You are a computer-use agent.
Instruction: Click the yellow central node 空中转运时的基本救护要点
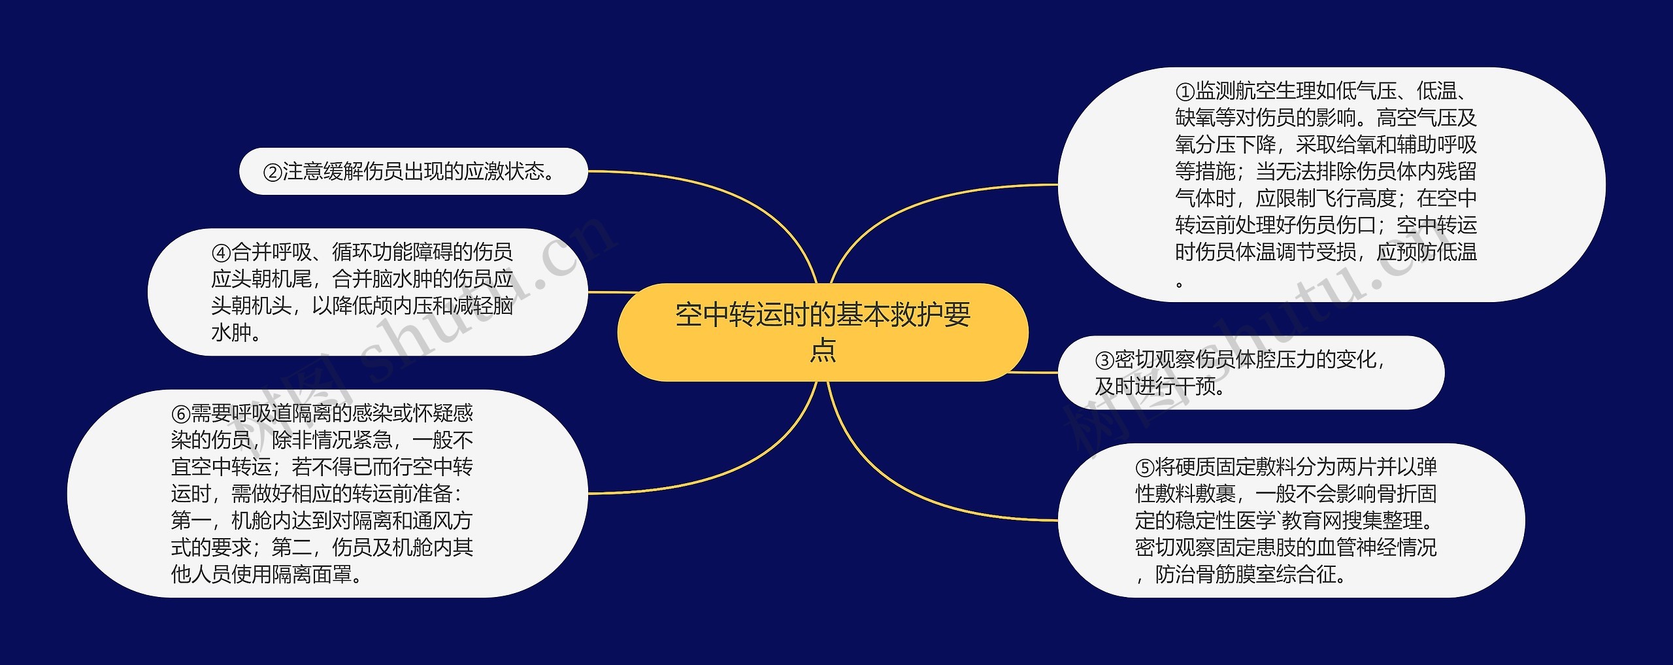[822, 332]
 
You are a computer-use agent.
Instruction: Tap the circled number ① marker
[1184, 91]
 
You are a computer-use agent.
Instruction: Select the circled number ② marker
[272, 172]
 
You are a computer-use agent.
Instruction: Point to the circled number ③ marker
[1104, 360]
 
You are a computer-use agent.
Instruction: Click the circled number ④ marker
[221, 252]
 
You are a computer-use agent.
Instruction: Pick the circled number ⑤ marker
[1145, 468]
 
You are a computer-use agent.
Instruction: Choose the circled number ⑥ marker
[180, 414]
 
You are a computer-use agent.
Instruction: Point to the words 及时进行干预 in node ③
[1155, 386]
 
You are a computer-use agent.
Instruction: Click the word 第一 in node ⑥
[191, 520]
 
